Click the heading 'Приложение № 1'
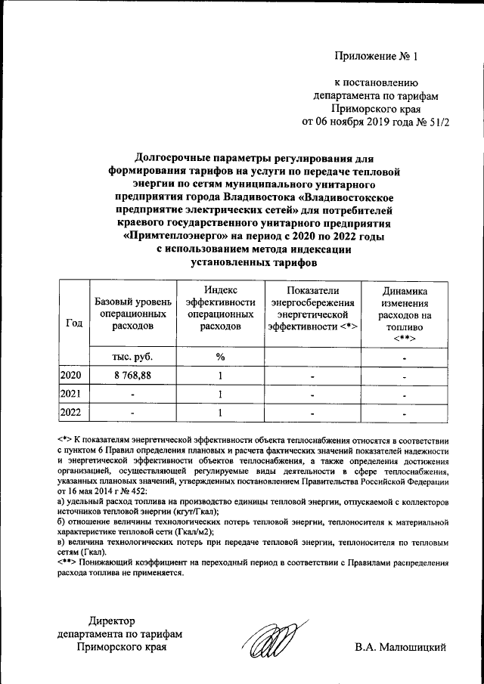[376, 56]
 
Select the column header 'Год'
[74, 323]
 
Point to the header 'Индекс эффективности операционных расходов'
[220, 308]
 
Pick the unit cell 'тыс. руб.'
[132, 357]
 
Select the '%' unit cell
[220, 357]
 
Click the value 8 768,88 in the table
[132, 376]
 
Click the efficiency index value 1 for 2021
[220, 394]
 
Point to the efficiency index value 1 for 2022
[220, 413]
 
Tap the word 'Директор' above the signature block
[111, 621]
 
